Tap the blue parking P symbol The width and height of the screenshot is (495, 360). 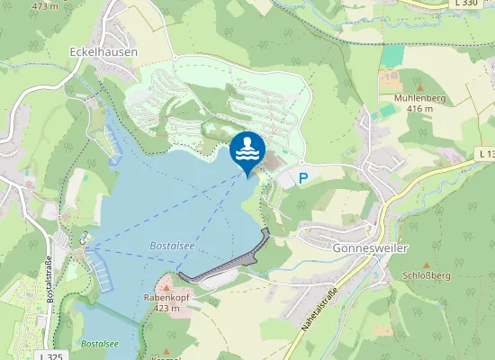tap(302, 178)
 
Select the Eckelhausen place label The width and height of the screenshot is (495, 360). tap(103, 52)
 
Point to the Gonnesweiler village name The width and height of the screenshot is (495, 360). tap(346, 245)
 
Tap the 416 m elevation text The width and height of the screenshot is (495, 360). tap(419, 108)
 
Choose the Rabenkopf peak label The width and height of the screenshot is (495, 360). tap(162, 297)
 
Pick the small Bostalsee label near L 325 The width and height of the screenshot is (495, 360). tap(99, 343)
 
